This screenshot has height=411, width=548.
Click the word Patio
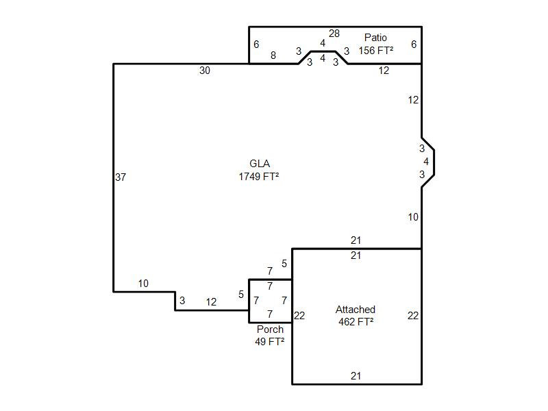coord(375,38)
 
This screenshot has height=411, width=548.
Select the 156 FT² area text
coord(375,51)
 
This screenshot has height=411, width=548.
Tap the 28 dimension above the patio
coord(334,34)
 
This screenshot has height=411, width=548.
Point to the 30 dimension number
coord(204,71)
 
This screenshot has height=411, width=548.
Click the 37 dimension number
coord(121,177)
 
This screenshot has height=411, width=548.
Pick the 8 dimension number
coord(273,55)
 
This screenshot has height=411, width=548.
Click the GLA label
coord(260,164)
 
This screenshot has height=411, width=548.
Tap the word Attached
coord(356,310)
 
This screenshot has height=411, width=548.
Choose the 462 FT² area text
coord(356,321)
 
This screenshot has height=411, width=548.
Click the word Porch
coord(270,329)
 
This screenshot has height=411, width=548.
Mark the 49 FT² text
coord(270,342)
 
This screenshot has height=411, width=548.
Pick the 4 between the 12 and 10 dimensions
coord(426,162)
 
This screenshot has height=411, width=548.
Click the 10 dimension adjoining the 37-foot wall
coord(143,284)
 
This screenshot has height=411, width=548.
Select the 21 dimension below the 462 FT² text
coord(356,376)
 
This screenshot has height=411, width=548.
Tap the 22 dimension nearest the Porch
coord(299,316)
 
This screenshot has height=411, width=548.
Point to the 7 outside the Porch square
coord(270,271)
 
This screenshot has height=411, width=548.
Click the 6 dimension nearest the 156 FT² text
coord(414,45)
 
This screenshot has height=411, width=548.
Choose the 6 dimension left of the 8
coord(256,45)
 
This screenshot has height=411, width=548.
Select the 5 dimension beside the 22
coord(284,264)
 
